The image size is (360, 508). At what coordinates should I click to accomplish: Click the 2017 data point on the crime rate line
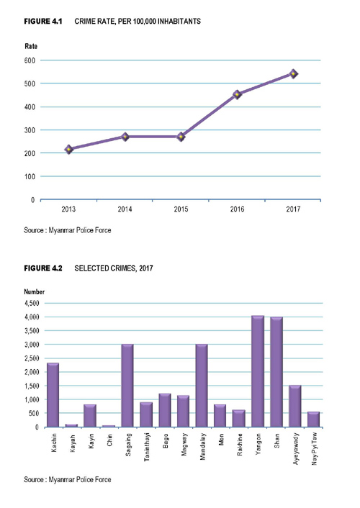coord(293,74)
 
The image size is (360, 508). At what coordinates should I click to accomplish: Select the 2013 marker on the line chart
coord(68,150)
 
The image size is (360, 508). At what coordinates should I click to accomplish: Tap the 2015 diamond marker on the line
coord(181,137)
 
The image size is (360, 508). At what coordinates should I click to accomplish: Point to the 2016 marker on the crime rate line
coord(237,94)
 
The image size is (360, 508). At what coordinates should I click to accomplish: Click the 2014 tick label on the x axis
coord(125,209)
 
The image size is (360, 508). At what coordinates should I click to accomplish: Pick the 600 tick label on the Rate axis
coord(30,60)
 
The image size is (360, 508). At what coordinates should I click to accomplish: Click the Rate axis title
coord(31,46)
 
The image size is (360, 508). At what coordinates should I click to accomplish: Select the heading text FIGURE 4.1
coord(43,22)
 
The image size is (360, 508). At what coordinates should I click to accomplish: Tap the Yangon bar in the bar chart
coord(258,371)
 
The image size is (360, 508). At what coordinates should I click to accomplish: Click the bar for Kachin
coord(53,395)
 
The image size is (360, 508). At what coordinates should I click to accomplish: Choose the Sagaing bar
coord(127,386)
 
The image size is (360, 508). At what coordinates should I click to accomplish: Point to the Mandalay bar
coord(202,386)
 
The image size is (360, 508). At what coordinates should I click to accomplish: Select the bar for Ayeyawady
coord(295,407)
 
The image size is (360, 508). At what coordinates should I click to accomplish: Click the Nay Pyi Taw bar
coord(314,419)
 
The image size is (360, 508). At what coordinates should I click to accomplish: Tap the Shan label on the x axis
coord(276,440)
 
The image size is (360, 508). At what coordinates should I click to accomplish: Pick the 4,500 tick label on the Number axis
coord(32,303)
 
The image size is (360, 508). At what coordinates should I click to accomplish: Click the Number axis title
coord(35,291)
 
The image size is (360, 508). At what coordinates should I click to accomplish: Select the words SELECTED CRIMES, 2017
coord(114,268)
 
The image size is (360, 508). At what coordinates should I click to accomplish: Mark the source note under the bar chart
coord(68,479)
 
